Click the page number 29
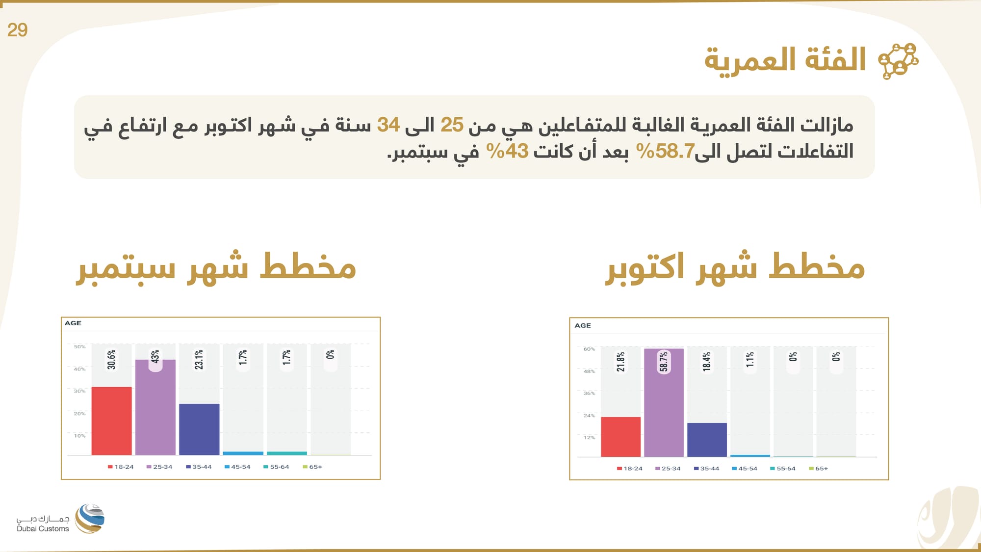click(x=17, y=30)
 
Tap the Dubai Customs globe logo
click(x=90, y=518)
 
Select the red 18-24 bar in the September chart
click(x=111, y=421)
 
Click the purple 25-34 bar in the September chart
click(x=155, y=407)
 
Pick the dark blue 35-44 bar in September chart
click(x=199, y=429)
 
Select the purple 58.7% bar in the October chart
click(x=664, y=402)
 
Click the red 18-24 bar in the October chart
click(x=620, y=436)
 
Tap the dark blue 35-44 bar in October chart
click(x=707, y=439)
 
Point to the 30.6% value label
click(x=112, y=360)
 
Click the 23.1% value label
click(x=199, y=360)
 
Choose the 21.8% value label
click(x=620, y=362)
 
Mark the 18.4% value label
click(x=707, y=362)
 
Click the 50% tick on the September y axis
click(x=79, y=347)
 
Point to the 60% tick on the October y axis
click(x=589, y=349)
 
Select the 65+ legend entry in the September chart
click(x=312, y=467)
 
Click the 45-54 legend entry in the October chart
click(x=745, y=469)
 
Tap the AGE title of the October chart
click(x=583, y=325)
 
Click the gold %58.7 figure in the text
click(x=665, y=151)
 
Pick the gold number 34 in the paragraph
click(x=388, y=125)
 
